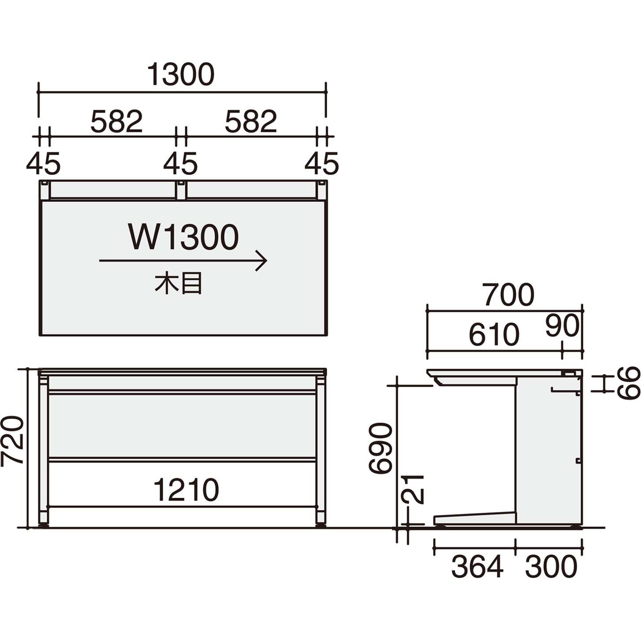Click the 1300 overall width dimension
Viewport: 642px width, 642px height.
pos(180,75)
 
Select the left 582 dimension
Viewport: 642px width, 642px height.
pos(116,122)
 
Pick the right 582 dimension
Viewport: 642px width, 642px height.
pos(251,122)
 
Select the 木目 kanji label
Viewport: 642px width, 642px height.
pos(179,284)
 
